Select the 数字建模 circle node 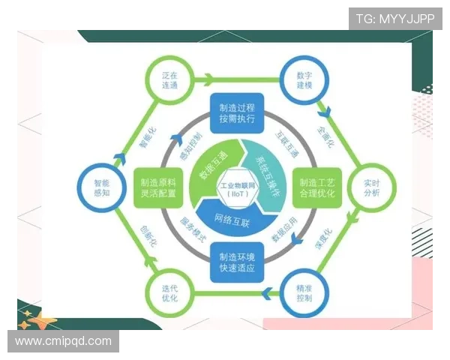coord(298,80)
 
